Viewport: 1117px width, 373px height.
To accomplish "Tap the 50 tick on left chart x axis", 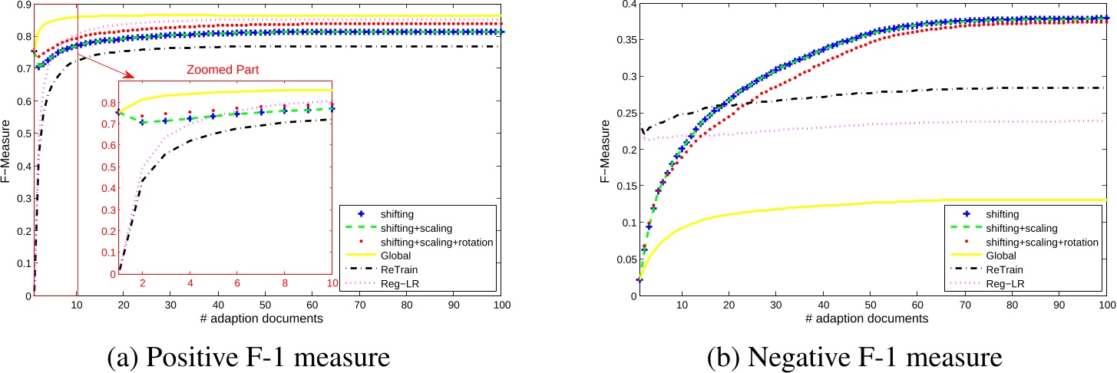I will [x=266, y=306].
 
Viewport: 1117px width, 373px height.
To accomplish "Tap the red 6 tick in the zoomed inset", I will [x=237, y=283].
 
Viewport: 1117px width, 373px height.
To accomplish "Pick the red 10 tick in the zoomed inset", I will [x=331, y=283].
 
